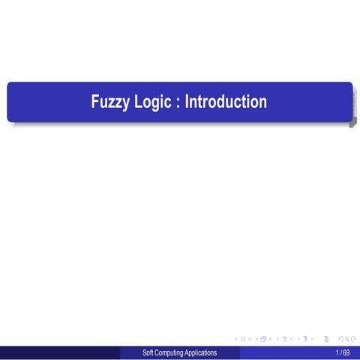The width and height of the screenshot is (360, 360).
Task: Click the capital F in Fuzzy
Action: coord(95,101)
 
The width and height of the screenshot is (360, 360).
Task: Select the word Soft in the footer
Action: coord(148,352)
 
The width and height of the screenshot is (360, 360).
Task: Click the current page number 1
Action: coord(338,352)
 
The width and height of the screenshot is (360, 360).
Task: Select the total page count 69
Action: coord(346,352)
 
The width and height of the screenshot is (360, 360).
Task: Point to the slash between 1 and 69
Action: coord(342,352)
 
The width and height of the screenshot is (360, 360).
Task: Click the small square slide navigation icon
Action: coord(242,340)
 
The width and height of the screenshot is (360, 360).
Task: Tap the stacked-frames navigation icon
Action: coord(262,340)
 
